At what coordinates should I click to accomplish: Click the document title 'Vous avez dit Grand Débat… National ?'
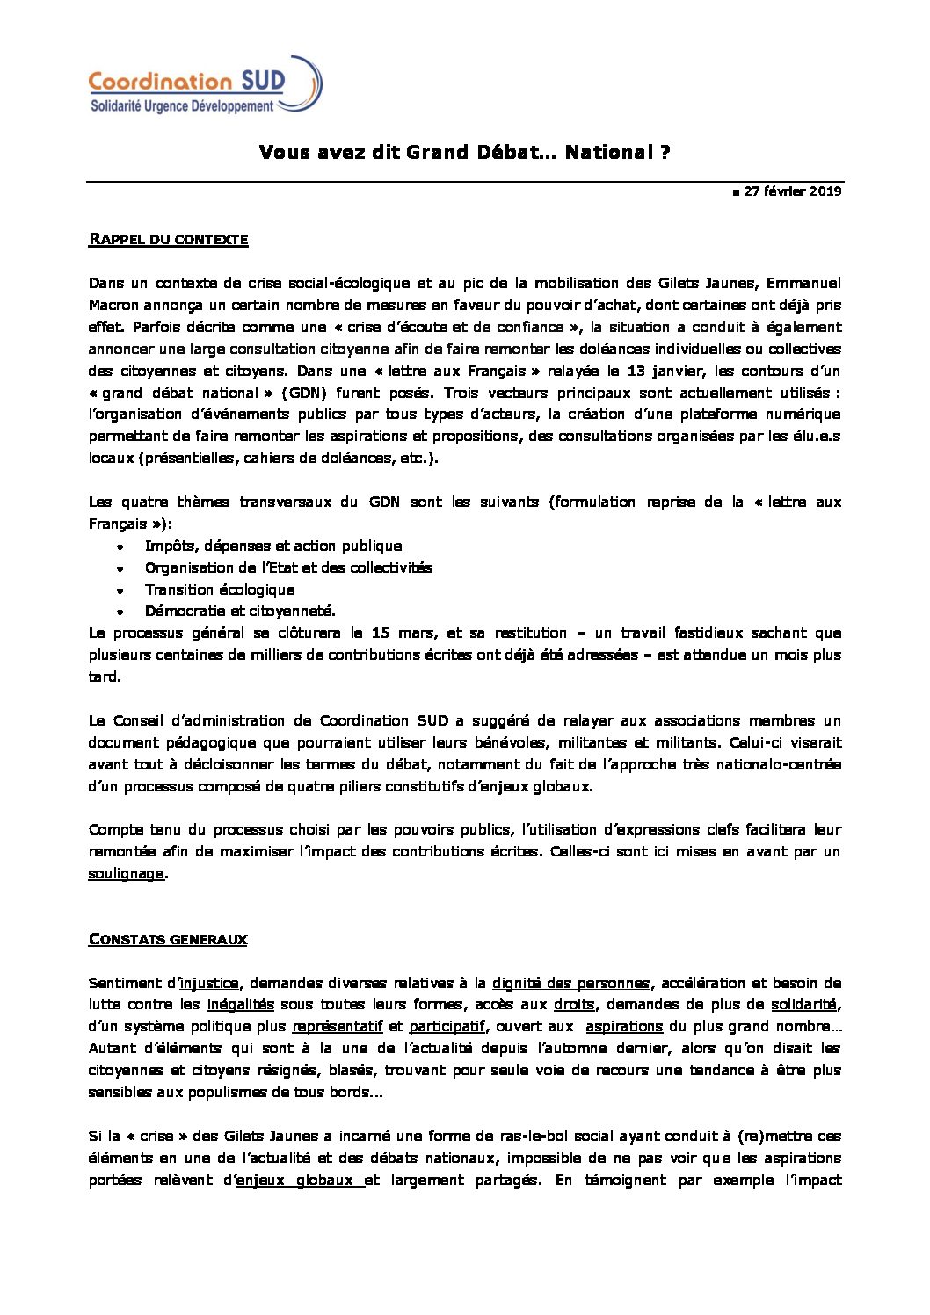pos(465,153)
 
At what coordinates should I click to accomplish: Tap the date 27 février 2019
pos(786,191)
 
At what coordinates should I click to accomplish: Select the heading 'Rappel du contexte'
pos(168,239)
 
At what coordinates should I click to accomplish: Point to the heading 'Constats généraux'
pos(167,939)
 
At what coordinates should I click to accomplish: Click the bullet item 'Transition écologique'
pos(220,589)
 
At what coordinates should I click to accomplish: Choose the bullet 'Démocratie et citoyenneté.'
pos(240,611)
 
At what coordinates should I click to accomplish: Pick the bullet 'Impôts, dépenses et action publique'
pos(273,546)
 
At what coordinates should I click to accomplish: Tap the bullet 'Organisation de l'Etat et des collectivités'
pos(288,567)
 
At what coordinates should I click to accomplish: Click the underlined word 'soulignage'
pos(126,873)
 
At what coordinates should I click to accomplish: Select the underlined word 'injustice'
pos(208,983)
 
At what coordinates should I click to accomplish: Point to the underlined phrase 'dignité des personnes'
pos(570,983)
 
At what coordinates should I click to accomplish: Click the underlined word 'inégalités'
pos(241,1005)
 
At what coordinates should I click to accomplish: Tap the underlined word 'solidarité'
pos(803,1005)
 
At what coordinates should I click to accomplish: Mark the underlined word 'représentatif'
pos(338,1026)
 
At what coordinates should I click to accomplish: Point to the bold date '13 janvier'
pos(628,371)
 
